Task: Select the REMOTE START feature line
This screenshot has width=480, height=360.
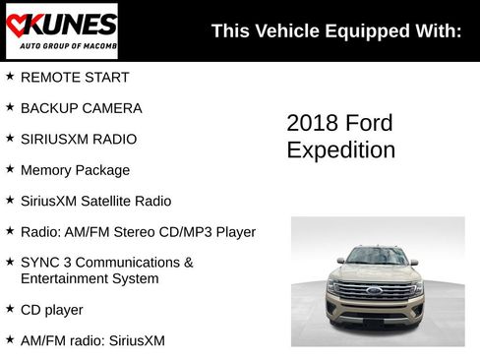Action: (75, 77)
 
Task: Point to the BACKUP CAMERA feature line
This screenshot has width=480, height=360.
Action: (81, 108)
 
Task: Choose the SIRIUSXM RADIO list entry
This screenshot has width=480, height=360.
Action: (79, 139)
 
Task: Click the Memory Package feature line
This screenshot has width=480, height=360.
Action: (75, 170)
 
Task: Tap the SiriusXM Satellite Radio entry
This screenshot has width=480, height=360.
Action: (95, 201)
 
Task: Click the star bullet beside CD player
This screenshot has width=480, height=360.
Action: (10, 309)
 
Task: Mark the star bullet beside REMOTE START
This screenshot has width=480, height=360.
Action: (10, 76)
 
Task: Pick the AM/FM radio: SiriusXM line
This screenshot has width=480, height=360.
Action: (92, 340)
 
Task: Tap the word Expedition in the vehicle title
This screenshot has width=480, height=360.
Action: (340, 150)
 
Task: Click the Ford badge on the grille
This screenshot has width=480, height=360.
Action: (375, 290)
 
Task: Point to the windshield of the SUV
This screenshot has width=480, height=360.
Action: (377, 257)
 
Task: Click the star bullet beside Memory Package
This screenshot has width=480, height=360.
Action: (10, 169)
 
